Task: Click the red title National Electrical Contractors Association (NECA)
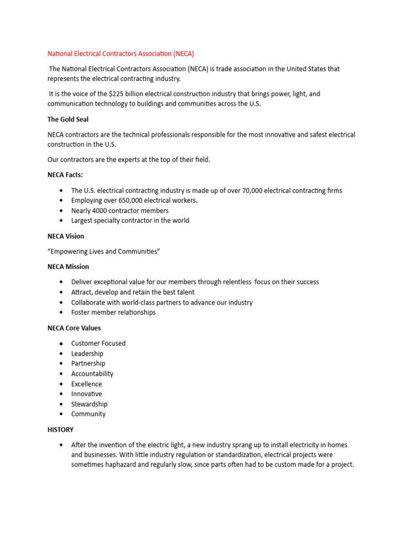click(x=121, y=54)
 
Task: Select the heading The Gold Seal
click(x=68, y=119)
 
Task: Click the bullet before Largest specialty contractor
click(x=62, y=221)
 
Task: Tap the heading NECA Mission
click(x=68, y=266)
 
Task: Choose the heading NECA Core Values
click(x=74, y=328)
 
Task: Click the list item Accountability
click(x=92, y=374)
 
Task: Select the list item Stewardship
click(x=89, y=404)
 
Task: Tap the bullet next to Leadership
click(x=62, y=354)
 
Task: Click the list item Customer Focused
click(x=98, y=343)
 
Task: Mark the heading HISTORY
click(x=60, y=429)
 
